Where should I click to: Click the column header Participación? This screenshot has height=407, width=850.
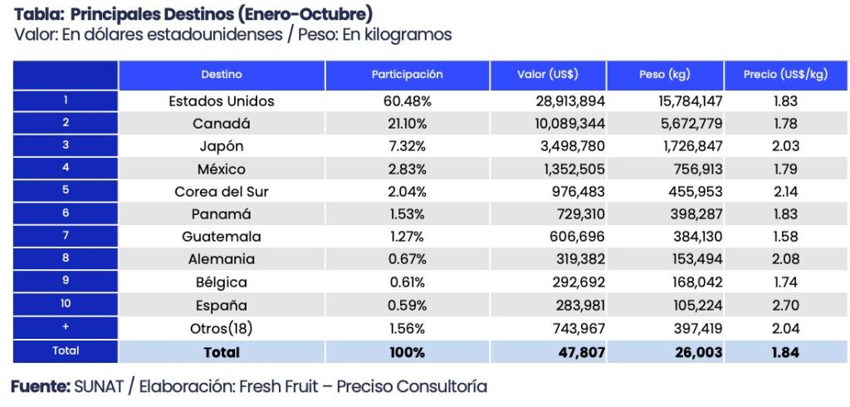407,75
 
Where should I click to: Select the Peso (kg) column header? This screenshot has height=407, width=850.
664,75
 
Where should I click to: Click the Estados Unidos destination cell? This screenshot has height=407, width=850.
221,101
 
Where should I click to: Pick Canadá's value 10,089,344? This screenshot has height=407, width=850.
565,124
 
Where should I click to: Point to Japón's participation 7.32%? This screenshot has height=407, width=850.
408,146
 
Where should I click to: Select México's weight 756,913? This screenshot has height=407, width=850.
692,169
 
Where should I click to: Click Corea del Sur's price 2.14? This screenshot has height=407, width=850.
784,192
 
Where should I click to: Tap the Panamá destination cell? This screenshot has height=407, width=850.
221,214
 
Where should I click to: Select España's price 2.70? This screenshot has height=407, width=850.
784,305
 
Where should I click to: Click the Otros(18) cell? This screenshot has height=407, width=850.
221,328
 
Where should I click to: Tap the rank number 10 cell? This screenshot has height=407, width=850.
66,305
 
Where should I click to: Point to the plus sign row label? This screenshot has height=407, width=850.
66,328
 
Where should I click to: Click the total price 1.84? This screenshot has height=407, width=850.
784,352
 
